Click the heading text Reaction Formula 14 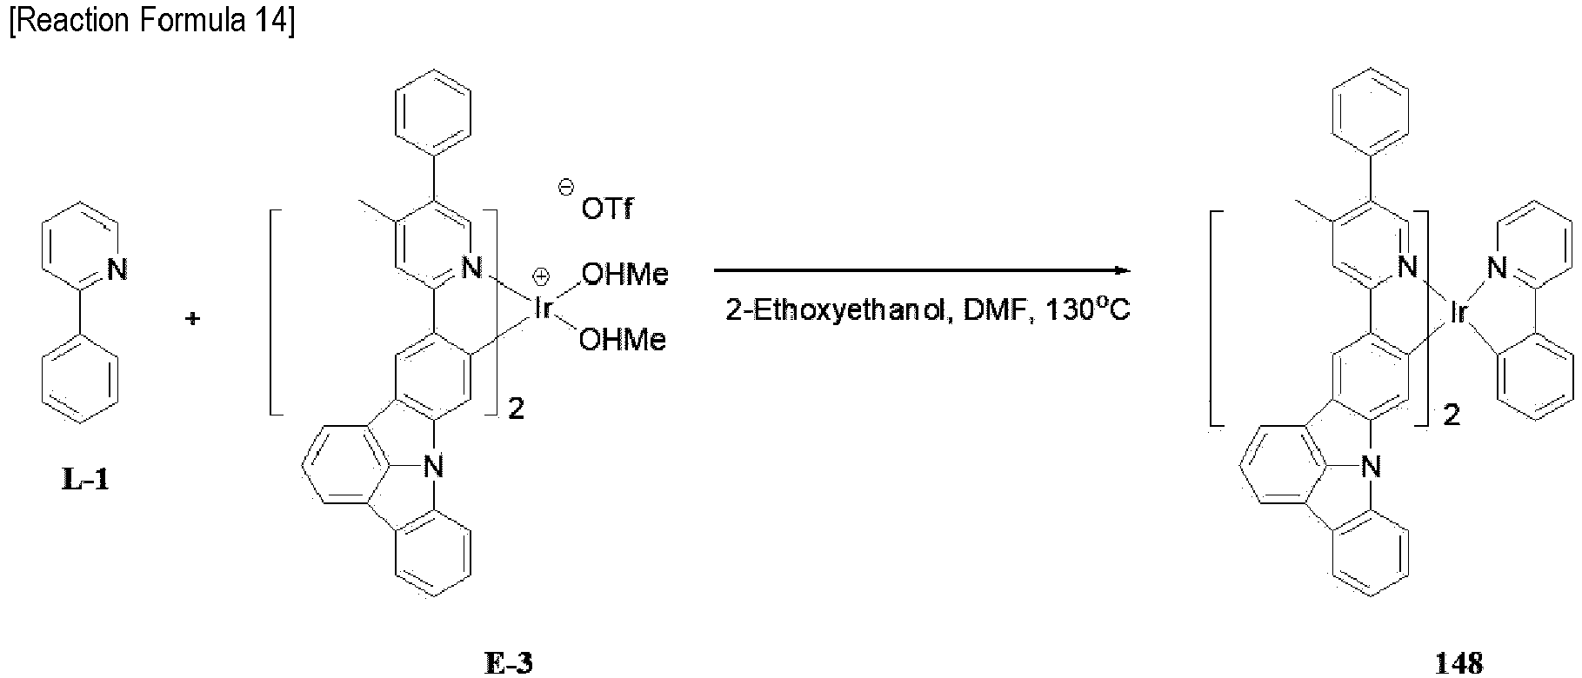[151, 21]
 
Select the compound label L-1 [86, 479]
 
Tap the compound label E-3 [508, 663]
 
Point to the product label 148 [1459, 663]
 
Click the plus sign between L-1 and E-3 [192, 318]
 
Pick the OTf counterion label [607, 209]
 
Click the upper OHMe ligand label [624, 275]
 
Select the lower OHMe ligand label [623, 339]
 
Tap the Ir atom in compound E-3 [543, 308]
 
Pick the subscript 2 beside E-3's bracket [516, 409]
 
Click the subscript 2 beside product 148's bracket [1452, 415]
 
